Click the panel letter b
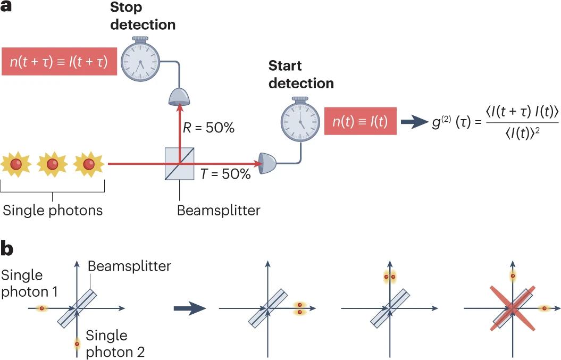point(9,248)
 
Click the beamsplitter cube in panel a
point(179,164)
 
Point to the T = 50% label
point(225,174)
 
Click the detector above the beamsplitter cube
point(179,96)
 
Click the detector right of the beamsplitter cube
point(267,164)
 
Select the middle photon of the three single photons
point(52,164)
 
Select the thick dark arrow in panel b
point(190,308)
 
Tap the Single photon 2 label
point(115,344)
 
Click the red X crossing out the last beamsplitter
point(512,308)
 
